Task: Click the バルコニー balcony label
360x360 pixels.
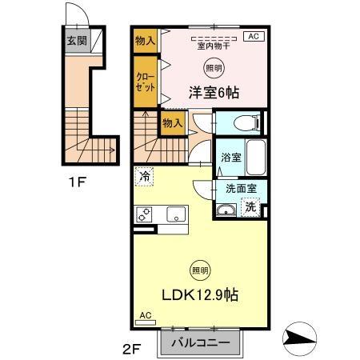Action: point(201,342)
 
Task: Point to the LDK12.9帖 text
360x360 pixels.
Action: point(200,294)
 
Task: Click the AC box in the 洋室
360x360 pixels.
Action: point(251,37)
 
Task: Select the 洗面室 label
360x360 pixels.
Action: point(241,189)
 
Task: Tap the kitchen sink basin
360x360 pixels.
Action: point(176,214)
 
